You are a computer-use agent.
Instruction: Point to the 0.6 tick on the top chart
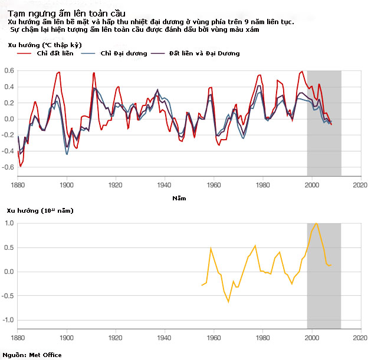(x=9, y=71)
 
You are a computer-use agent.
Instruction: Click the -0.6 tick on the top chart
(x=8, y=167)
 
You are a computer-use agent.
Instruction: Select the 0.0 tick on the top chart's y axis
(x=9, y=119)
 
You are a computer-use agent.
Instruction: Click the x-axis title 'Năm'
(x=178, y=198)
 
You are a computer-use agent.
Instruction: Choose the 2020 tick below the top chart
(x=360, y=184)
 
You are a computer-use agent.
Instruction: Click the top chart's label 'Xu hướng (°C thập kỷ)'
(x=44, y=44)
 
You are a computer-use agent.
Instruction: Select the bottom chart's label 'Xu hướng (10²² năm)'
(x=40, y=210)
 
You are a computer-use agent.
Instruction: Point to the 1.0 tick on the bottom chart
(x=10, y=223)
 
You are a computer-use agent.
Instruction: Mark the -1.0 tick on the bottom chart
(x=8, y=320)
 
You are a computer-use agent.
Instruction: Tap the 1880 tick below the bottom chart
(x=18, y=338)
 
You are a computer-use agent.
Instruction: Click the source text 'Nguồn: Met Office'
(x=32, y=355)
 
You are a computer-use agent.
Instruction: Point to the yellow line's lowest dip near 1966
(x=228, y=302)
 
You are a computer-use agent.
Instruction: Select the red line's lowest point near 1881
(x=21, y=167)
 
